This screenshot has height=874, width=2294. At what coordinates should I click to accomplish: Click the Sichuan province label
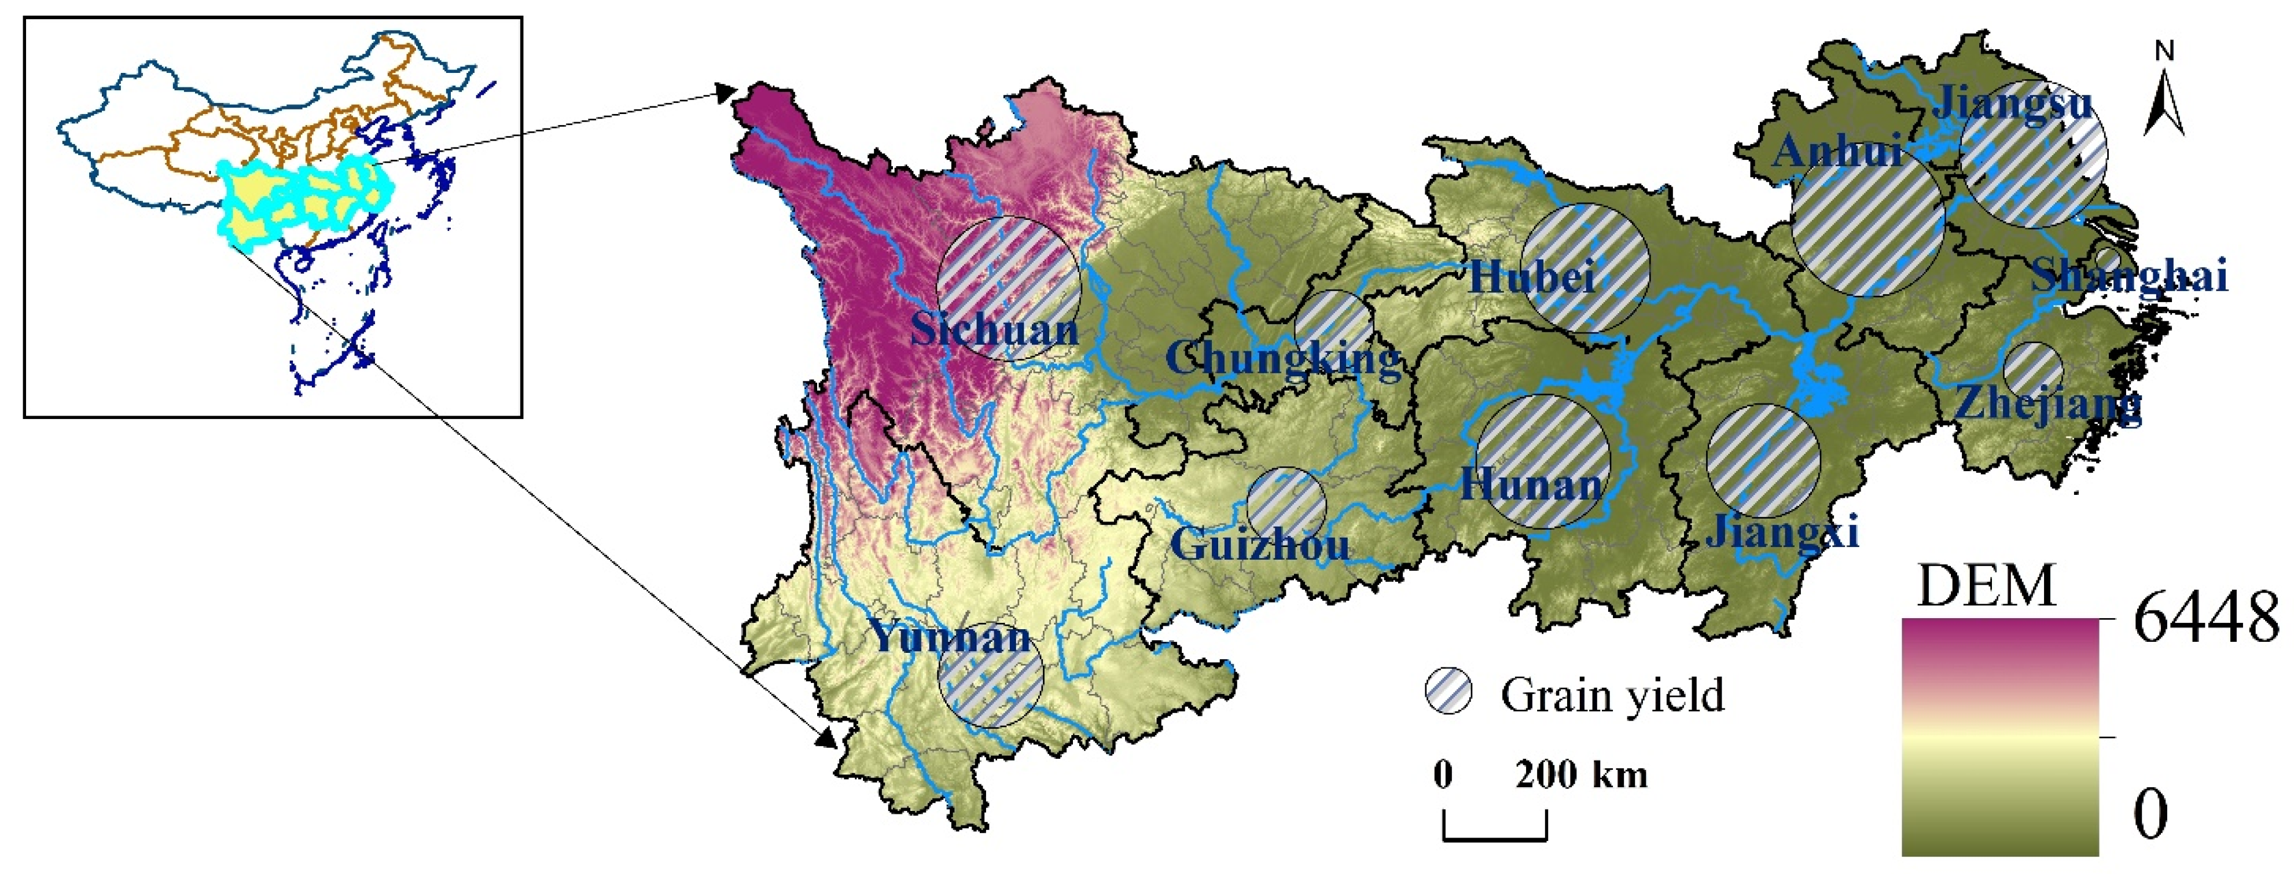(994, 330)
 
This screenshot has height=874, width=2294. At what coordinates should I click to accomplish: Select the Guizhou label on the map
(1259, 544)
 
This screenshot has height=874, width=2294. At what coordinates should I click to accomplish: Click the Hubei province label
(1531, 277)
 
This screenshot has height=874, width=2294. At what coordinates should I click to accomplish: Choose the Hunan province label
(1531, 484)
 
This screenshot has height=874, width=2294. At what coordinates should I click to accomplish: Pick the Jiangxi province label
(1782, 533)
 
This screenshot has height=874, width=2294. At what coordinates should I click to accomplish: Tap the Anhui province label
(1837, 152)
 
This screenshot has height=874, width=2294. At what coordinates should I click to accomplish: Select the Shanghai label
(2129, 276)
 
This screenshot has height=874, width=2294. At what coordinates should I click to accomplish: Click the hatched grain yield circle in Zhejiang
(2033, 370)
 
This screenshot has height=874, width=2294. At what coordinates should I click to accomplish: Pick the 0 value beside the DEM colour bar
(2150, 813)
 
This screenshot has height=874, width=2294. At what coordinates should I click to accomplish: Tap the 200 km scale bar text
(1580, 774)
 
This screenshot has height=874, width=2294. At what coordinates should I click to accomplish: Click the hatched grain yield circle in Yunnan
(990, 674)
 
